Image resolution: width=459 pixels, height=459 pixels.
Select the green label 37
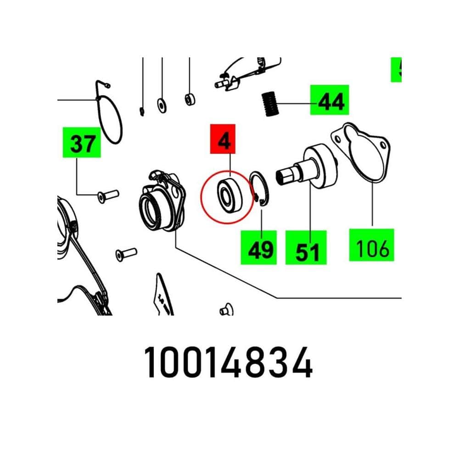82,143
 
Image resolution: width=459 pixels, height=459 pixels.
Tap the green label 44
330,100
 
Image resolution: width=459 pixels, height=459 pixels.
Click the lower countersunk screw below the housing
126,252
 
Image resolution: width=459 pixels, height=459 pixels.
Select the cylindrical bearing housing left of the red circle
161,204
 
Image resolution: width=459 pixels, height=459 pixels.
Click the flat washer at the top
162,103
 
